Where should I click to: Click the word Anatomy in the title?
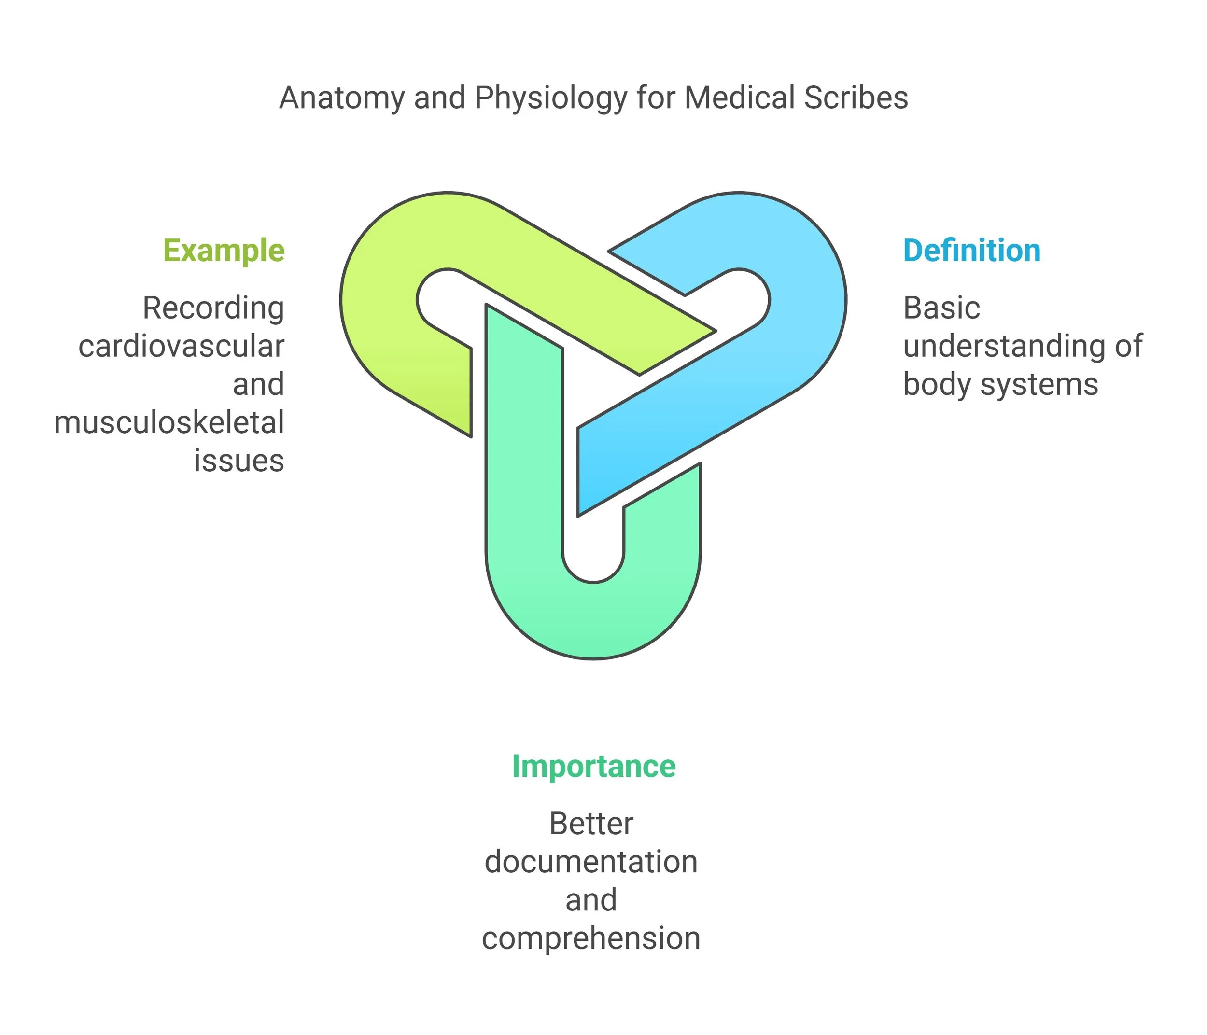[341, 98]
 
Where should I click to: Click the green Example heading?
[224, 251]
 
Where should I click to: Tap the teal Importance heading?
[593, 767]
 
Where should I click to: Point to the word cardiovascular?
[181, 346]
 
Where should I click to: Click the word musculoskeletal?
[169, 422]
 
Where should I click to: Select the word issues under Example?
[239, 460]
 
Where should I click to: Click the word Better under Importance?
[591, 824]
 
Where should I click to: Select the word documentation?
[591, 862]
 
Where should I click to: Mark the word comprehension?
[591, 938]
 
